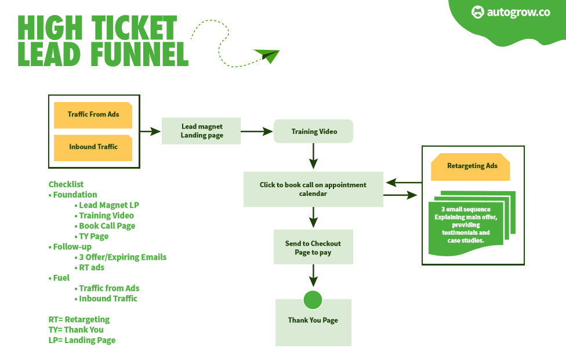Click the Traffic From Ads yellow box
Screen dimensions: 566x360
(93, 115)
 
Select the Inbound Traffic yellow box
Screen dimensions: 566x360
(93, 148)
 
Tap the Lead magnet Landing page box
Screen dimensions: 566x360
(201, 131)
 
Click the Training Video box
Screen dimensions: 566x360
(313, 131)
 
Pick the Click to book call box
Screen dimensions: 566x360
(313, 189)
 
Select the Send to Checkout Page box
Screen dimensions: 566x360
(313, 247)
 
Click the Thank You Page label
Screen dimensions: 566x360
(313, 321)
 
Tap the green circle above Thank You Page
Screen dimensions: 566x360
(313, 300)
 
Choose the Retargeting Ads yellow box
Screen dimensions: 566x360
(470, 166)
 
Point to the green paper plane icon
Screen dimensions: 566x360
(267, 56)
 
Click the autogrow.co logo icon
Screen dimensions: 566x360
(478, 12)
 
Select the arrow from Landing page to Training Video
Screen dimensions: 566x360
(257, 132)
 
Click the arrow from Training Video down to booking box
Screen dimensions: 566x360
(313, 156)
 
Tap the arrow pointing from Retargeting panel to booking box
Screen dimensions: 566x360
(404, 183)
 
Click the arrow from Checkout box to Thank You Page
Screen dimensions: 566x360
(313, 275)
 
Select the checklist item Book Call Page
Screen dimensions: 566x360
(107, 226)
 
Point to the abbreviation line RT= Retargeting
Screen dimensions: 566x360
(79, 319)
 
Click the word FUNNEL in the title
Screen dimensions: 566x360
(140, 54)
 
